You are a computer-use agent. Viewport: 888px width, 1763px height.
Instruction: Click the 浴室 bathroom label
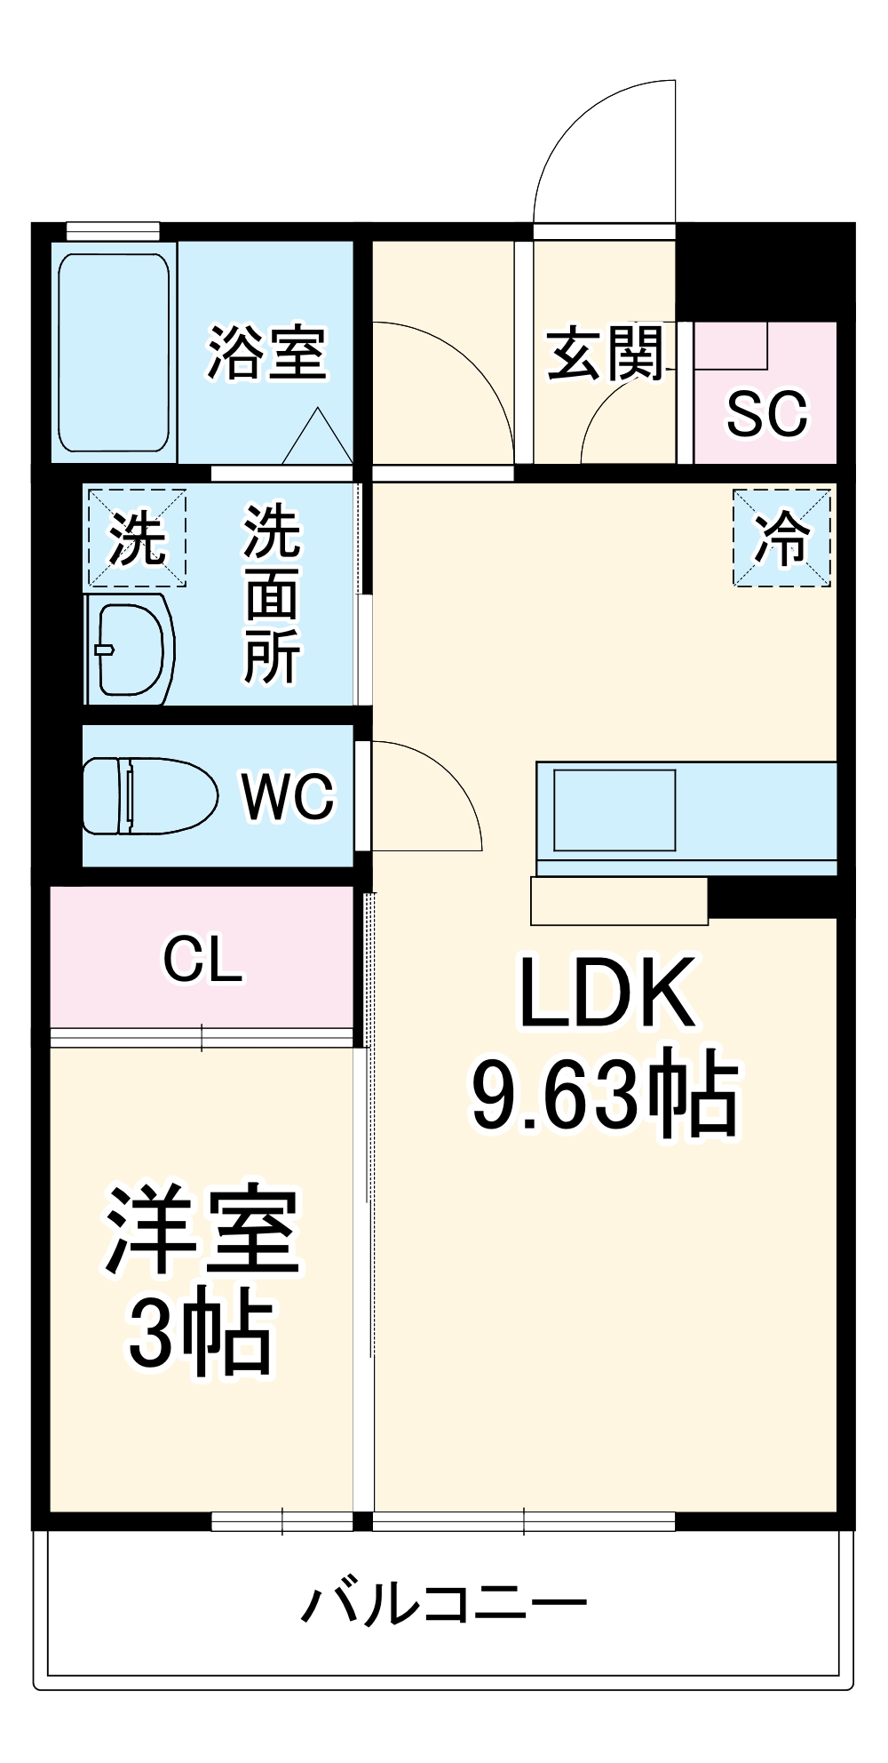(266, 353)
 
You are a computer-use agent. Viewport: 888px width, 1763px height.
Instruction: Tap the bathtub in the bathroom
(114, 353)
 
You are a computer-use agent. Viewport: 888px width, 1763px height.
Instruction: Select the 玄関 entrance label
(606, 353)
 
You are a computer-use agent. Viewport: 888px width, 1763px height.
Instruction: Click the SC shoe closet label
(766, 413)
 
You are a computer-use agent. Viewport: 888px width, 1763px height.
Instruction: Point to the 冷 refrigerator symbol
(781, 538)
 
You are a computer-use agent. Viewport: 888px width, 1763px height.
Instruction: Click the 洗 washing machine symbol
(136, 538)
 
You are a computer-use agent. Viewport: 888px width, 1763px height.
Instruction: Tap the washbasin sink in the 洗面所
(131, 650)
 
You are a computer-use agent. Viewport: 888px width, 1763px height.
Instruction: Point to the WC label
(289, 795)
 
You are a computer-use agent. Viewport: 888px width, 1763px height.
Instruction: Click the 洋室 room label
(202, 1231)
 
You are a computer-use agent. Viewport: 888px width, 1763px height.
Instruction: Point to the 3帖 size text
(201, 1333)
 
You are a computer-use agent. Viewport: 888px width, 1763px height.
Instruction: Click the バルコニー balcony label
(444, 1604)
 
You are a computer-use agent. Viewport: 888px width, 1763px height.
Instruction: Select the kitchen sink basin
(614, 810)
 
